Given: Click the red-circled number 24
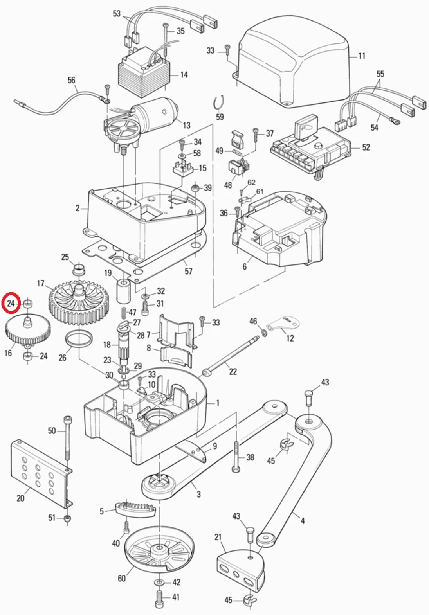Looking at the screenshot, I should pyautogui.click(x=11, y=303).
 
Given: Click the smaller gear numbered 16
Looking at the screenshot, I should pyautogui.click(x=27, y=331).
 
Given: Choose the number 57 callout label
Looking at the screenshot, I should pyautogui.click(x=189, y=271).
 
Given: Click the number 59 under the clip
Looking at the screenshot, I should pyautogui.click(x=220, y=117).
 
